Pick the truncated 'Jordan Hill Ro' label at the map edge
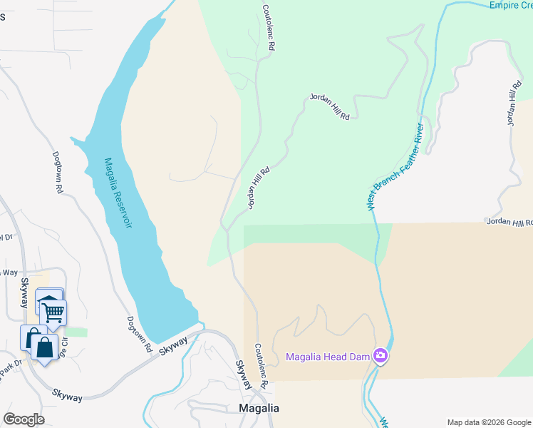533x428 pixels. point(509,223)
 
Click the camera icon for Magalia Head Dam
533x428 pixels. point(381,355)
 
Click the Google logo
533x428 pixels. point(24,419)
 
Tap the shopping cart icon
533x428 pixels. point(53,312)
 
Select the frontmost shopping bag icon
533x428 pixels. point(44,348)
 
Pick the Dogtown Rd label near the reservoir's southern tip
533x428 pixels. point(140,335)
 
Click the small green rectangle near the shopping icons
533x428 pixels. point(76,332)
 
